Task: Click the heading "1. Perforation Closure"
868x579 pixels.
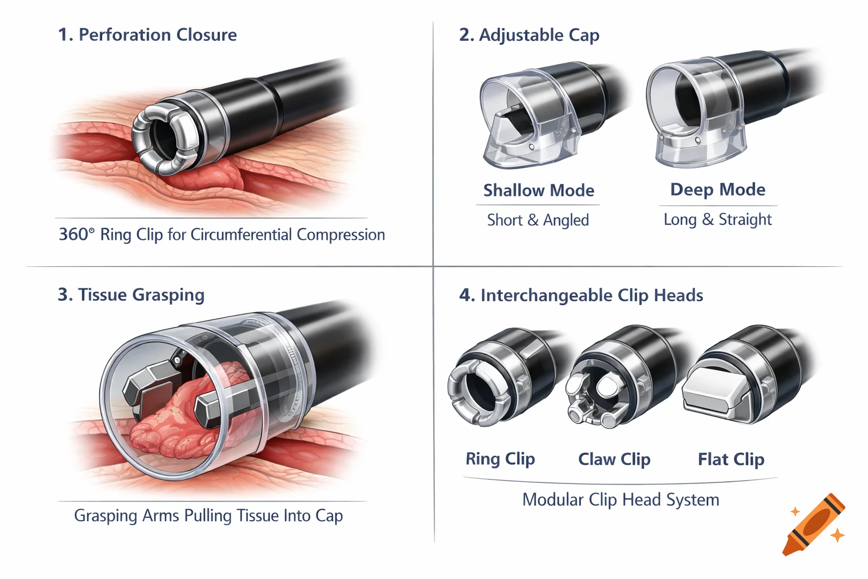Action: click(x=147, y=34)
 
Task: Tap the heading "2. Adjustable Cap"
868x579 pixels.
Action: click(x=529, y=35)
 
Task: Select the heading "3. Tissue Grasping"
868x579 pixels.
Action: click(x=131, y=295)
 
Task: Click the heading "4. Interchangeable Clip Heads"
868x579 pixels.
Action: click(x=581, y=295)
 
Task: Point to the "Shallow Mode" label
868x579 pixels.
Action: click(x=539, y=190)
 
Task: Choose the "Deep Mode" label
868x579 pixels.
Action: click(x=718, y=189)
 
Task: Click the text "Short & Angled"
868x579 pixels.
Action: click(x=538, y=220)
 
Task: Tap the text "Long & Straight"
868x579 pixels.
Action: click(x=718, y=219)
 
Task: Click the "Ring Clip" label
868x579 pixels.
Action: click(x=500, y=459)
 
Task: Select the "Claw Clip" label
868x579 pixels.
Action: click(x=614, y=459)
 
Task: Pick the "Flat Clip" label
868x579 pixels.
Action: click(x=731, y=459)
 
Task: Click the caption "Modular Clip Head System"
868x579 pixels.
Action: click(x=620, y=500)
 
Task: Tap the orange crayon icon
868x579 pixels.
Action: click(x=814, y=525)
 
